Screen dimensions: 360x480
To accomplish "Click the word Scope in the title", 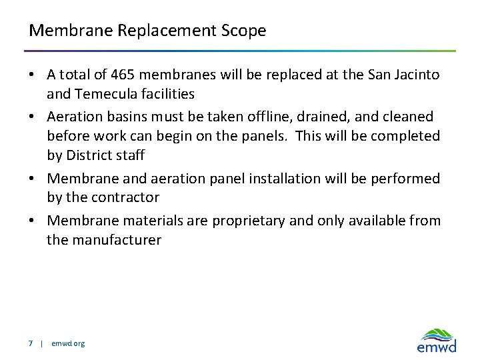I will click(245, 31).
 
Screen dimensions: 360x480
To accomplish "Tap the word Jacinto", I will click(417, 75).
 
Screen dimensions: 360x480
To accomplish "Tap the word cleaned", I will click(407, 117).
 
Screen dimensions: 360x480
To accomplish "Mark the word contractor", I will click(127, 197).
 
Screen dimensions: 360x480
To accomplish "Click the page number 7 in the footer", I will click(31, 343).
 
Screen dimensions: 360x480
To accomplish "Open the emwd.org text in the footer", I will click(68, 343).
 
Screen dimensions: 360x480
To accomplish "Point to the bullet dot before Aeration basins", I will click(34, 117).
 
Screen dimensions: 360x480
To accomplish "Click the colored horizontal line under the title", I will click(240, 51).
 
